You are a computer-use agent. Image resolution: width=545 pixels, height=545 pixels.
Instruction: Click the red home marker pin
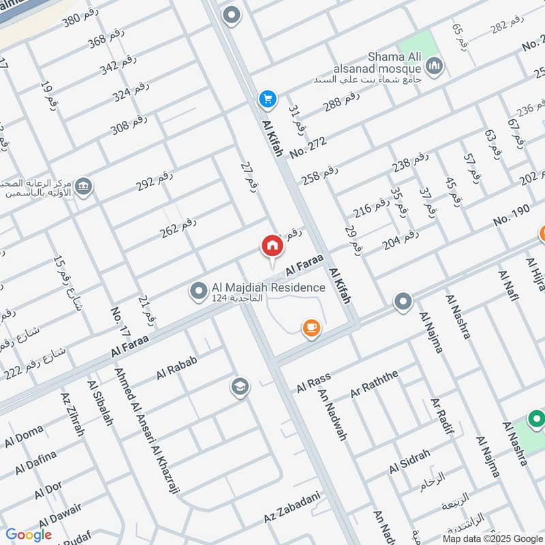point(272,246)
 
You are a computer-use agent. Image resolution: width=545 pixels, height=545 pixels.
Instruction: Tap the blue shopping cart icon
point(268,100)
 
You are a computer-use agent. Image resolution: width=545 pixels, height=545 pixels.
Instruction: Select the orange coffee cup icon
point(311,328)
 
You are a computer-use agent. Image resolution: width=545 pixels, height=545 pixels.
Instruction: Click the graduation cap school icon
point(240,386)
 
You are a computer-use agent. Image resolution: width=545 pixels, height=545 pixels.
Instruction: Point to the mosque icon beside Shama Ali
point(434,66)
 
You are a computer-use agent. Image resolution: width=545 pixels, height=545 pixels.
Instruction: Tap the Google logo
point(29,534)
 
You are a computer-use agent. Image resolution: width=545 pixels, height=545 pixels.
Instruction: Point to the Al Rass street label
point(313,382)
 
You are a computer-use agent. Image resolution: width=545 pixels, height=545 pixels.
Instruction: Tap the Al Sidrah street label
point(409,463)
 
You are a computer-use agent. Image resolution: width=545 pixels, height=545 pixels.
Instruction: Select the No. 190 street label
point(512,217)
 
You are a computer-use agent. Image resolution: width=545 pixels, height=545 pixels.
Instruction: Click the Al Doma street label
point(24,437)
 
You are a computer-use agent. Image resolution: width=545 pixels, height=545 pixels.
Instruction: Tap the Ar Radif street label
point(442,416)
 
